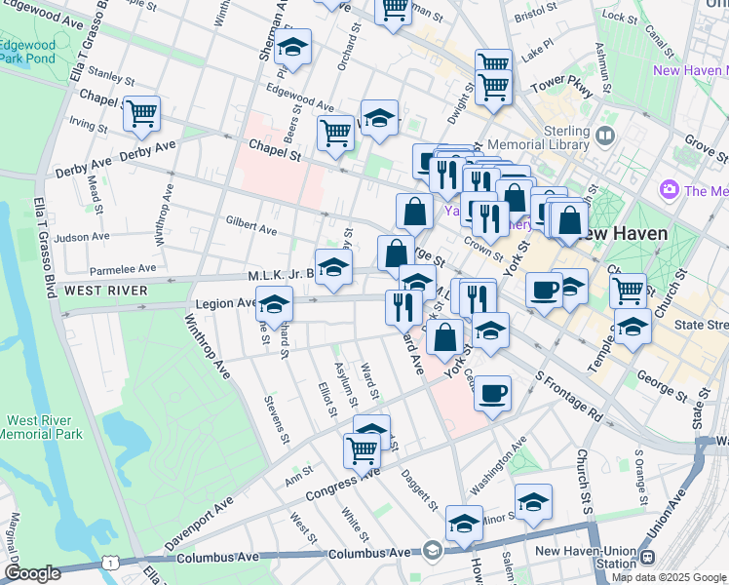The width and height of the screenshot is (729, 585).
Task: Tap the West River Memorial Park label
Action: point(39,427)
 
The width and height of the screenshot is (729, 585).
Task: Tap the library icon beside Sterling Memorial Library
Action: point(606,136)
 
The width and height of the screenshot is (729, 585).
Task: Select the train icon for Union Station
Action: point(647,558)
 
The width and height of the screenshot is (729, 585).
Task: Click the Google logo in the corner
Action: point(33,573)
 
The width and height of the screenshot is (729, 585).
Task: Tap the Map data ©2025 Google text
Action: point(668,577)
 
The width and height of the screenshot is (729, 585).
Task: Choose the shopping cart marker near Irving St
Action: point(141,114)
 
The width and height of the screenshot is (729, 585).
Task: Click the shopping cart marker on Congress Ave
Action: point(362,449)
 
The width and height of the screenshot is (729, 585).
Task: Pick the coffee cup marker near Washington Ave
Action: point(494,393)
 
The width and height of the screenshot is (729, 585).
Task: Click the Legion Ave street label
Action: point(222,304)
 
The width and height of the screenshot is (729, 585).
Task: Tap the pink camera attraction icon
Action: point(669,188)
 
